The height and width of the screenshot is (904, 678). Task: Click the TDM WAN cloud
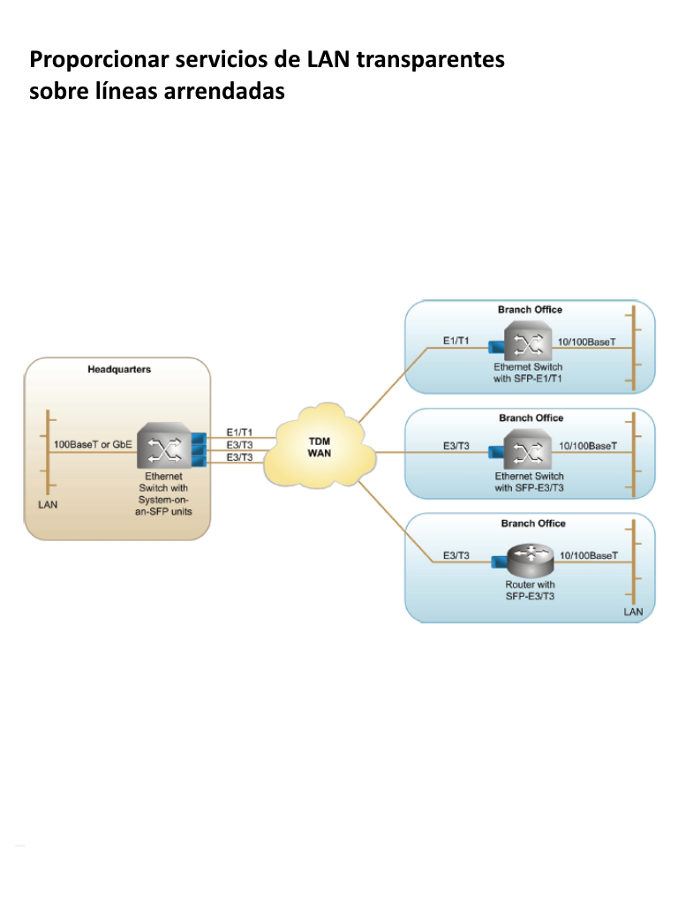(319, 447)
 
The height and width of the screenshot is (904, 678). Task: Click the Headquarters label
(119, 369)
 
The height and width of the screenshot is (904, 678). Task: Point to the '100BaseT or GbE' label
(94, 445)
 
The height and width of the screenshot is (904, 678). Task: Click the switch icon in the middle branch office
(527, 452)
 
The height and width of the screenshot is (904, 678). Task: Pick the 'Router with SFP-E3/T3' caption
(530, 591)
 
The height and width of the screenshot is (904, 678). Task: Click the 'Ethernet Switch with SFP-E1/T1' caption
(528, 373)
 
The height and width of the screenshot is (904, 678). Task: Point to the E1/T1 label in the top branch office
(456, 341)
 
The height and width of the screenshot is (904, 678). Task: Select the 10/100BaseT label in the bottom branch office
(588, 555)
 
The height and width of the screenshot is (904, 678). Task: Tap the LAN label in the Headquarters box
(47, 506)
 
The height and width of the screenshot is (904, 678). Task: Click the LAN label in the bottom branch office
(633, 611)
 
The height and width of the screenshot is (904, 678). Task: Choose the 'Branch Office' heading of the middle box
(531, 418)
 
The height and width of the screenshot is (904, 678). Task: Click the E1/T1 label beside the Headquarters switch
(239, 433)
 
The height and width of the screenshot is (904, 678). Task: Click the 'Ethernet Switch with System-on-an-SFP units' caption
(163, 493)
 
